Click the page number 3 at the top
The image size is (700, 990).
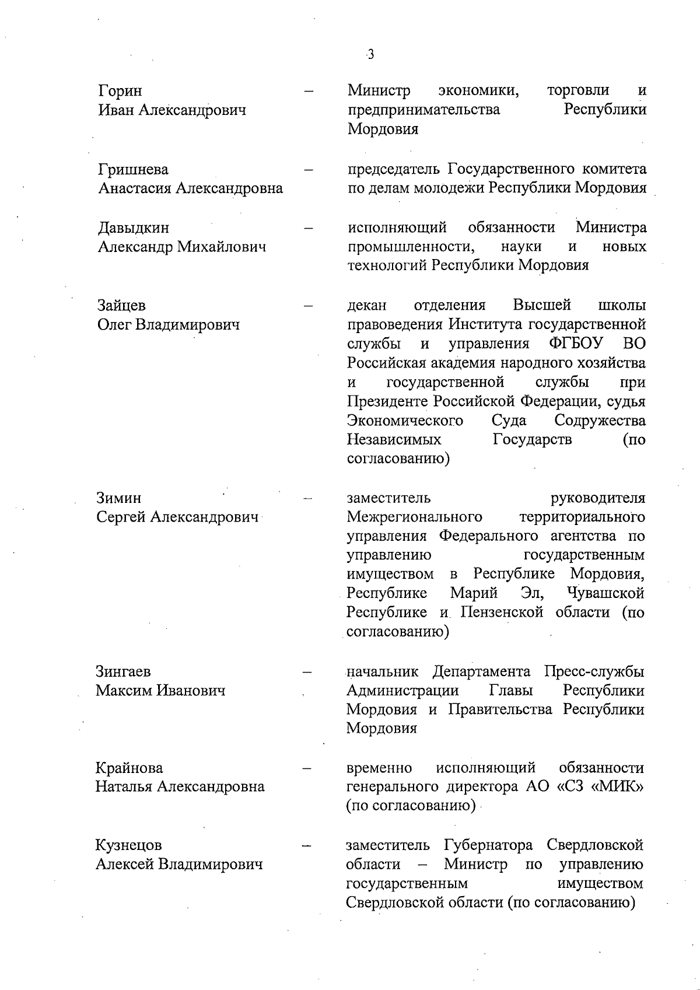[x=370, y=55]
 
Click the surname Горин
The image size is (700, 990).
[x=120, y=91]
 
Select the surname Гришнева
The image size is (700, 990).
[x=134, y=170]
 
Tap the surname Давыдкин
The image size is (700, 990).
[x=134, y=228]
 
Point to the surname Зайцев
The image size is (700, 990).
[x=121, y=306]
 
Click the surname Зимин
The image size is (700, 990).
[x=119, y=498]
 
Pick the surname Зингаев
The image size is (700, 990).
[x=123, y=671]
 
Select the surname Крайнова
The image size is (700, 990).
[x=129, y=768]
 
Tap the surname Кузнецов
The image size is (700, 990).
[x=129, y=845]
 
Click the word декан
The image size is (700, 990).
[x=367, y=305]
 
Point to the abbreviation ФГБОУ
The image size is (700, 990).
[x=576, y=344]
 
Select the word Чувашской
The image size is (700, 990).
[x=605, y=593]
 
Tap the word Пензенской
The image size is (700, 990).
[x=502, y=613]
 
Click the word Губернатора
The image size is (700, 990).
[x=488, y=845]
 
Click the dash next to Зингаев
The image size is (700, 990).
[x=308, y=672]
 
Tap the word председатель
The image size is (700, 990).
[x=394, y=169]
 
